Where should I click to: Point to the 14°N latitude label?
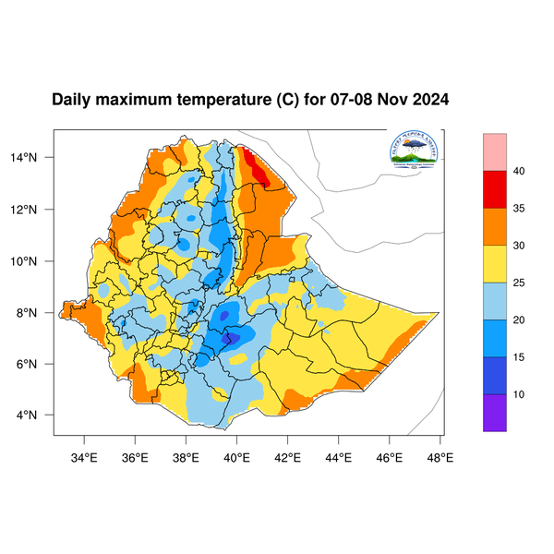(35, 158)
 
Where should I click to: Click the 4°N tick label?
(38, 415)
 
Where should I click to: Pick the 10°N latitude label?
(35, 260)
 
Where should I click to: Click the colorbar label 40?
(519, 171)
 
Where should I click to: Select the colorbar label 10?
(519, 394)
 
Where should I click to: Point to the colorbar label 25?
(519, 283)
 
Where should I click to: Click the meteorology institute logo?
(414, 150)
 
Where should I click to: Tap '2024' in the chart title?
(429, 99)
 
